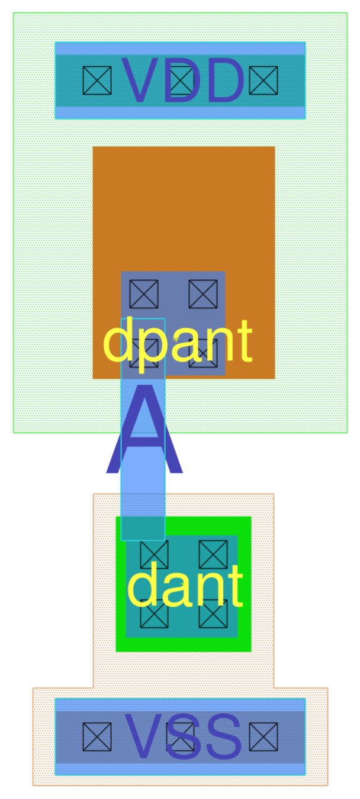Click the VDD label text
(x=182, y=80)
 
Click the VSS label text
(x=182, y=737)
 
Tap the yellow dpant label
(x=178, y=342)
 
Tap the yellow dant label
(x=185, y=586)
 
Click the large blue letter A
(x=144, y=430)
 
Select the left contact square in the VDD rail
(x=97, y=80)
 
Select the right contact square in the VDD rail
(x=263, y=80)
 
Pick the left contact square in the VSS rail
(x=97, y=737)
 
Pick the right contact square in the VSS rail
(x=263, y=737)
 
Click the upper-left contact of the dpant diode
(x=144, y=294)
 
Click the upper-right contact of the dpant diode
(x=203, y=294)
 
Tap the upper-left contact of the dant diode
(x=154, y=555)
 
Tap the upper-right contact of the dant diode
(x=213, y=555)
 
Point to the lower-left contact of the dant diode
(x=154, y=614)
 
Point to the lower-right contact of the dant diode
(x=213, y=614)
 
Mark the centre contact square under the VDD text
(x=181, y=80)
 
